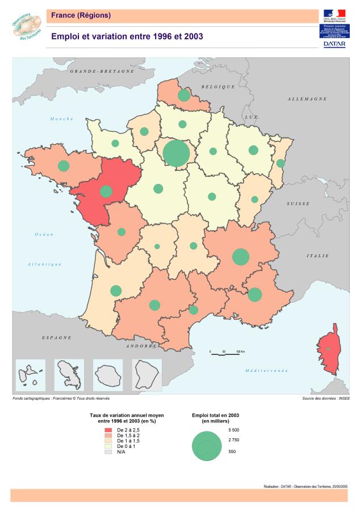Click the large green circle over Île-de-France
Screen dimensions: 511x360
tap(176, 153)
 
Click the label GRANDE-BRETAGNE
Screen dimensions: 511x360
tap(102, 72)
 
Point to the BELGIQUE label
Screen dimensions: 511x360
tap(217, 86)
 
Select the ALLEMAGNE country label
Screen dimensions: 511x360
tap(307, 99)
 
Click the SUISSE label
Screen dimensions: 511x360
tap(297, 203)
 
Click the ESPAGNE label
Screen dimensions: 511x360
tap(57, 337)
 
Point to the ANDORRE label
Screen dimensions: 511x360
tap(141, 345)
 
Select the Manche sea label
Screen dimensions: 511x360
tap(62, 119)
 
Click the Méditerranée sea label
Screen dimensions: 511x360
tap(266, 370)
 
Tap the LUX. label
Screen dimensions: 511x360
tap(252, 116)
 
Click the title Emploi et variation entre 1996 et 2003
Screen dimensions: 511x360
tap(127, 36)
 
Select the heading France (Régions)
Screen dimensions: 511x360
tap(81, 15)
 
